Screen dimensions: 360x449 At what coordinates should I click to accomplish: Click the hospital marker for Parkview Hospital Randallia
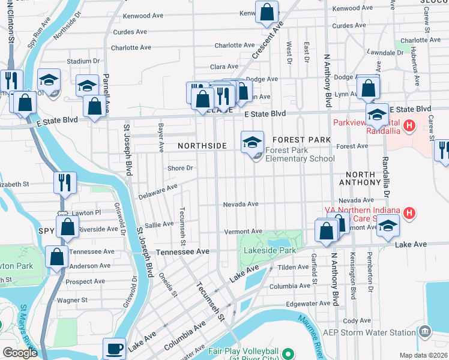[x=409, y=126]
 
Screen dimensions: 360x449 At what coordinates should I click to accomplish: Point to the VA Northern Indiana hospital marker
[x=409, y=213]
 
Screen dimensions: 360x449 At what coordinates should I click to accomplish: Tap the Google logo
[x=20, y=353]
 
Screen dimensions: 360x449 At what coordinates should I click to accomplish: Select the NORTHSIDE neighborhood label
[x=202, y=146]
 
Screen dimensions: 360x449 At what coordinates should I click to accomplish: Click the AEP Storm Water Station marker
[x=425, y=331]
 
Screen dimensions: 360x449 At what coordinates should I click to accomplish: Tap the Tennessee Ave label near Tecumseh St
[x=182, y=252]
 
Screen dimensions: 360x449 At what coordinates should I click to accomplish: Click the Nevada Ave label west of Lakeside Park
[x=240, y=204]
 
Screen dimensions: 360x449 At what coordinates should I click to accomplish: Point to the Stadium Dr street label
[x=83, y=61]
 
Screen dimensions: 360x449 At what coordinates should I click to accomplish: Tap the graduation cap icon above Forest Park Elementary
[x=253, y=142]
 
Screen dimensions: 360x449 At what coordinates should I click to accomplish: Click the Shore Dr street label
[x=180, y=168]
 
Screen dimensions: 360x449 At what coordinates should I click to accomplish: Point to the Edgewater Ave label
[x=308, y=304]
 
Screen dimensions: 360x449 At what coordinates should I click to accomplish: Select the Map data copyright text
[x=424, y=355]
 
